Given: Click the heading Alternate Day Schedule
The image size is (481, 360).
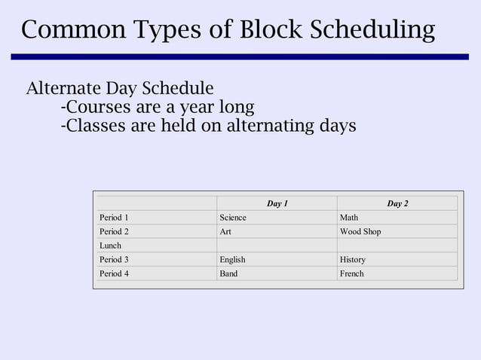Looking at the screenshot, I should (x=120, y=88).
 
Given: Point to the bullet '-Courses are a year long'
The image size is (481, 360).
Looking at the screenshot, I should (x=157, y=106).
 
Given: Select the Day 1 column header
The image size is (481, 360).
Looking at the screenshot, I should (x=277, y=203).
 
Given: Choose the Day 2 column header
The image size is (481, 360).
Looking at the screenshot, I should (x=397, y=203).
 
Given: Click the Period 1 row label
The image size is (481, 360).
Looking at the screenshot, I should (x=114, y=218).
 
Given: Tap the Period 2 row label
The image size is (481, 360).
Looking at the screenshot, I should (x=114, y=232).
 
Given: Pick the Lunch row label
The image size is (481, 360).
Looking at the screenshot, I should (x=110, y=246).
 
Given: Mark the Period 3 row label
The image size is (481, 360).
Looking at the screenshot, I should (x=114, y=260).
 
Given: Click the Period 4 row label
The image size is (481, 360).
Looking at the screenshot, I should (x=114, y=273).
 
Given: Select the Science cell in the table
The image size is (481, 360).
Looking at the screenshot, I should (x=233, y=218).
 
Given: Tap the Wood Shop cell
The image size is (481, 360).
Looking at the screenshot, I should (x=360, y=232).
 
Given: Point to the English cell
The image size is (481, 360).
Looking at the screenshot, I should (x=232, y=260).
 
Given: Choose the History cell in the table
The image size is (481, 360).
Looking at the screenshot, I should (x=353, y=260).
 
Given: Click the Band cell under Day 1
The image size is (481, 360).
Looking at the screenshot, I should (x=228, y=273).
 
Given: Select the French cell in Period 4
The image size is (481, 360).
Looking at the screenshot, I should (x=352, y=273).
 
